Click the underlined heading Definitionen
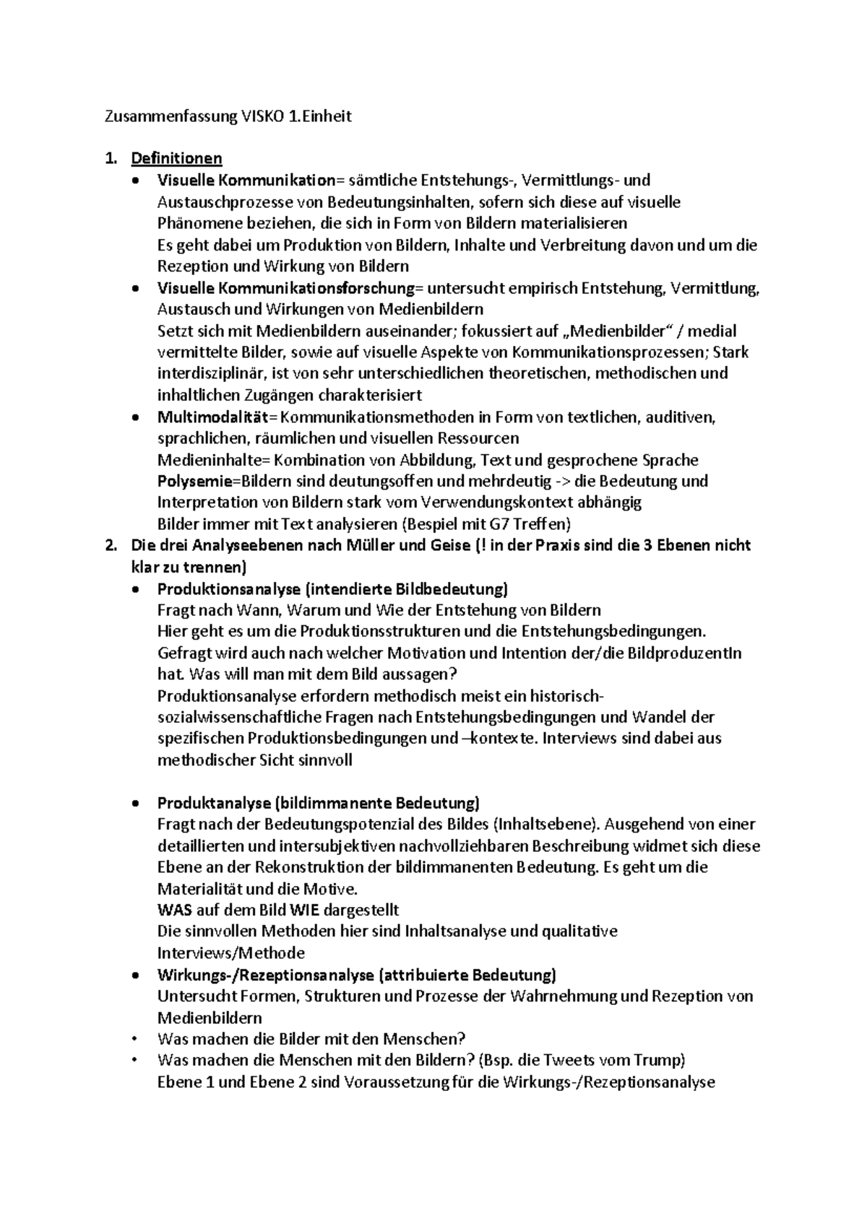pyautogui.click(x=176, y=158)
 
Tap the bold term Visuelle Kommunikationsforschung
pyautogui.click(x=286, y=288)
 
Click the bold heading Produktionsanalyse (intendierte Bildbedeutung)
pyautogui.click(x=332, y=588)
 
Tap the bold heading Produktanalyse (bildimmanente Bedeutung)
pyautogui.click(x=318, y=803)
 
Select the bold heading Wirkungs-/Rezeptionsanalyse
pyautogui.click(x=265, y=975)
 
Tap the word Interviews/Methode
pyautogui.click(x=230, y=952)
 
